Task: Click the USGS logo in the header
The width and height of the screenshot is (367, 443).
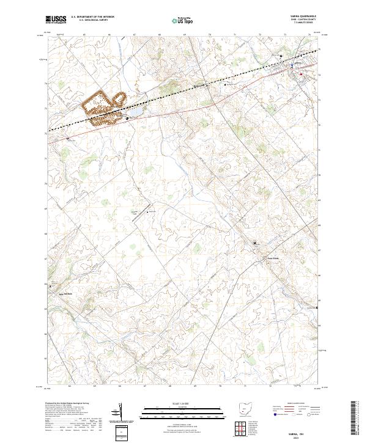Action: pyautogui.click(x=55, y=20)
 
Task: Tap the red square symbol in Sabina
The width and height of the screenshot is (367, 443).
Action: pyautogui.click(x=300, y=74)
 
